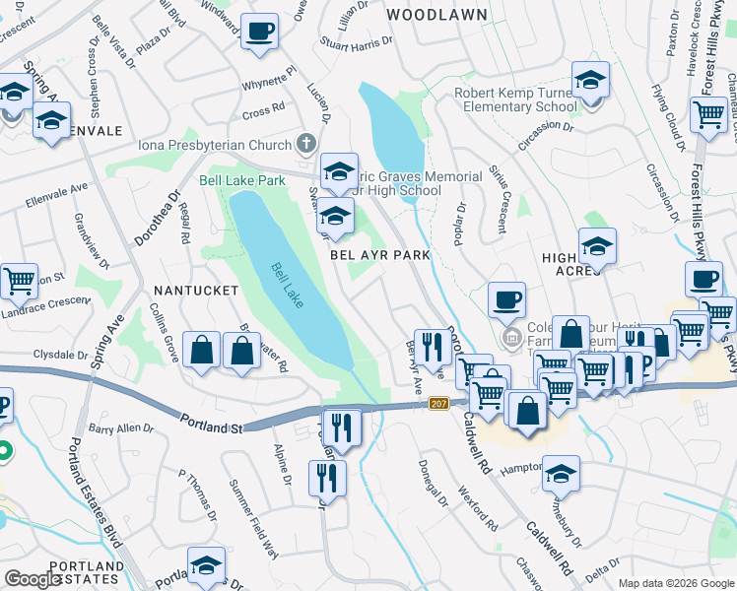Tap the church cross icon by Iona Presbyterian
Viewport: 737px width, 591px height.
coord(308,144)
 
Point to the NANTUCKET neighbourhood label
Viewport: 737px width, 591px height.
coord(196,291)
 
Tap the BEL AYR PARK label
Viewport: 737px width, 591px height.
coord(380,254)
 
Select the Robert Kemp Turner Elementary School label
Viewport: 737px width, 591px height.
coord(515,99)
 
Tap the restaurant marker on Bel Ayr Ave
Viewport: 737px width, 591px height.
coord(431,346)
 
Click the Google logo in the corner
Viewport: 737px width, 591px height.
coord(33,578)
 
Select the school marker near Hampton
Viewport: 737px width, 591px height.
coord(561,474)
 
